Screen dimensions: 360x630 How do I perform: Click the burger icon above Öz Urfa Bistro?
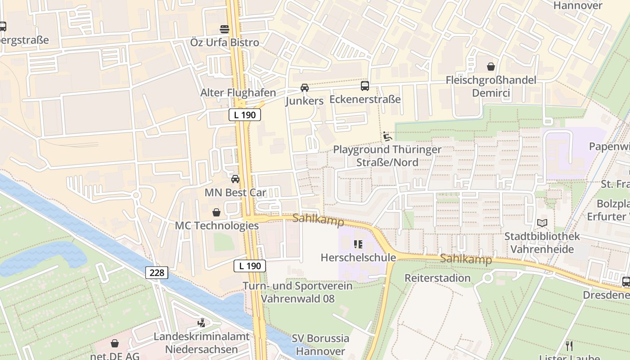[x=225, y=29]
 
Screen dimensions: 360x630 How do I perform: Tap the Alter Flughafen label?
[x=238, y=93]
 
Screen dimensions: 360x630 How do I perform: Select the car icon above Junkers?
[x=305, y=87]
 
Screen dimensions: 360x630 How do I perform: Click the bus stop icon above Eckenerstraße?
[x=365, y=85]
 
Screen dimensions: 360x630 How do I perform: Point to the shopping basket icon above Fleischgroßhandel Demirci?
[x=490, y=67]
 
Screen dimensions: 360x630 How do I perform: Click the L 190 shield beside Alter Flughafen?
[x=245, y=115]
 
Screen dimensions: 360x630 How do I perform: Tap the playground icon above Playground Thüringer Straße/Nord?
[x=387, y=136]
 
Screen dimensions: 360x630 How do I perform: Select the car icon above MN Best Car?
[x=235, y=179]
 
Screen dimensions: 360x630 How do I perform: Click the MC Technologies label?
[x=216, y=225]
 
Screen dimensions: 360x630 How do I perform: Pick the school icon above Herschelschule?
[x=358, y=244]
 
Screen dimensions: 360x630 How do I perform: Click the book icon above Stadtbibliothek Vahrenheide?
[x=542, y=223]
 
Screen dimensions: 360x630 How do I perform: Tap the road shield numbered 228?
[x=157, y=272]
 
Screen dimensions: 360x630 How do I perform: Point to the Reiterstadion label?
[x=437, y=278]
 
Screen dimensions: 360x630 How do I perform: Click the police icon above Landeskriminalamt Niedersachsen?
[x=201, y=323]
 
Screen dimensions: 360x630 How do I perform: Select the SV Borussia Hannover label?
[x=320, y=345]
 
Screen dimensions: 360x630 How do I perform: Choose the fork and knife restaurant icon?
[x=569, y=346]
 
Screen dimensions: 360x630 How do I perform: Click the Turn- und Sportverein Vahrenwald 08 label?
[x=297, y=292]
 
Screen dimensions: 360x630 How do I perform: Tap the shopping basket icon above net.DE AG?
[x=115, y=343]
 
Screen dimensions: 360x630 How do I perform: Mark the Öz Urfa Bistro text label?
[x=225, y=42]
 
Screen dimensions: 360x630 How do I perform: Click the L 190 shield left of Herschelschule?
[x=250, y=266]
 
